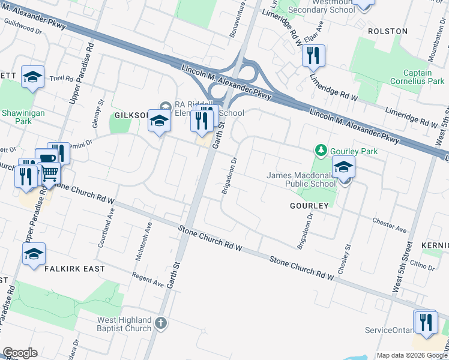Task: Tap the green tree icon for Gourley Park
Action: pyautogui.click(x=322, y=150)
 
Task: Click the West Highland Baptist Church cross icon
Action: pyautogui.click(x=160, y=324)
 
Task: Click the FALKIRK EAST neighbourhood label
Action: pyautogui.click(x=74, y=269)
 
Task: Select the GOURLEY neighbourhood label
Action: pyautogui.click(x=310, y=205)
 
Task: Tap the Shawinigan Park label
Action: pyautogui.click(x=16, y=116)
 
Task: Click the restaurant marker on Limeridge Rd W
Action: pyautogui.click(x=313, y=56)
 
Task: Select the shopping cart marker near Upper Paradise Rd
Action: pyautogui.click(x=49, y=173)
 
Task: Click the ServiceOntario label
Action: pyautogui.click(x=389, y=331)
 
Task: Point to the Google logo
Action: pyautogui.click(x=19, y=353)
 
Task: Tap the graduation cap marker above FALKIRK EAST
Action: pyautogui.click(x=34, y=254)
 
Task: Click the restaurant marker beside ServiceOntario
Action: pyautogui.click(x=426, y=322)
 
